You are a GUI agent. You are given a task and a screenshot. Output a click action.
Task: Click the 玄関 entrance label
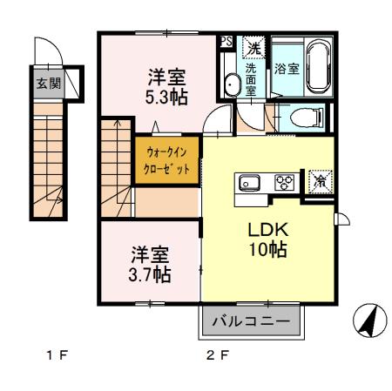click(x=47, y=84)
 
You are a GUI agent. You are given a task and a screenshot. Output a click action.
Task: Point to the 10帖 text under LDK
click(x=267, y=249)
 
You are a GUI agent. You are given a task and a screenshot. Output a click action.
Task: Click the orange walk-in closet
click(x=167, y=161)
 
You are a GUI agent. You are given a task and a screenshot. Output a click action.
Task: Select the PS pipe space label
click(x=226, y=41)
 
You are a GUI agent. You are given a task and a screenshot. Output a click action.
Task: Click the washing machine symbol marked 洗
click(x=253, y=46)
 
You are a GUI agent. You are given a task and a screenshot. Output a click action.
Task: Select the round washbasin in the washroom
click(x=233, y=84)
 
